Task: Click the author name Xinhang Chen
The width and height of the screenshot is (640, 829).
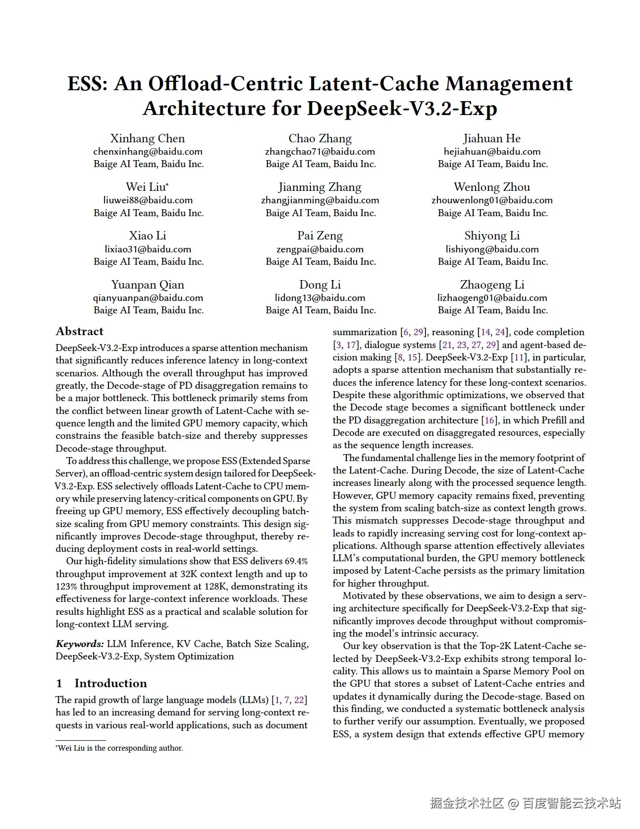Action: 148,138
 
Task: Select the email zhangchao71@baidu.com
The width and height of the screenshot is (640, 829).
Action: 320,152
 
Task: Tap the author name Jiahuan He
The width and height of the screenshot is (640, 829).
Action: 492,138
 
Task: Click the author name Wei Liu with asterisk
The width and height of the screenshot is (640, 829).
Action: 147,187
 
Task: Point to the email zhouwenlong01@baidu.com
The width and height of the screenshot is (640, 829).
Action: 492,200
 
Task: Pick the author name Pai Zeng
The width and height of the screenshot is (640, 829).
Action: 320,236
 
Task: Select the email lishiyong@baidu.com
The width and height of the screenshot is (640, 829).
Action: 492,249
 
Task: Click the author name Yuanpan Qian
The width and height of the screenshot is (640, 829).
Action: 148,285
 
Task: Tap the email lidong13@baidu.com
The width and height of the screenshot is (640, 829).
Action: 320,298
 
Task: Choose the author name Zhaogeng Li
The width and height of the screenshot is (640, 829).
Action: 492,285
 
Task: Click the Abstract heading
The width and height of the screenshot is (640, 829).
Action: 80,331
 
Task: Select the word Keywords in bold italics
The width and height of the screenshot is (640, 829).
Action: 80,644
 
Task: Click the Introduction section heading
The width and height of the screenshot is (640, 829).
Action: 110,683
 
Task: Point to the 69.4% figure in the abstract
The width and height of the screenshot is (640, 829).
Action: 296,561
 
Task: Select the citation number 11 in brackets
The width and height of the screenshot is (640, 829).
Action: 518,357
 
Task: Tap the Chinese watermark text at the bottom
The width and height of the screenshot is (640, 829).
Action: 525,803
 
